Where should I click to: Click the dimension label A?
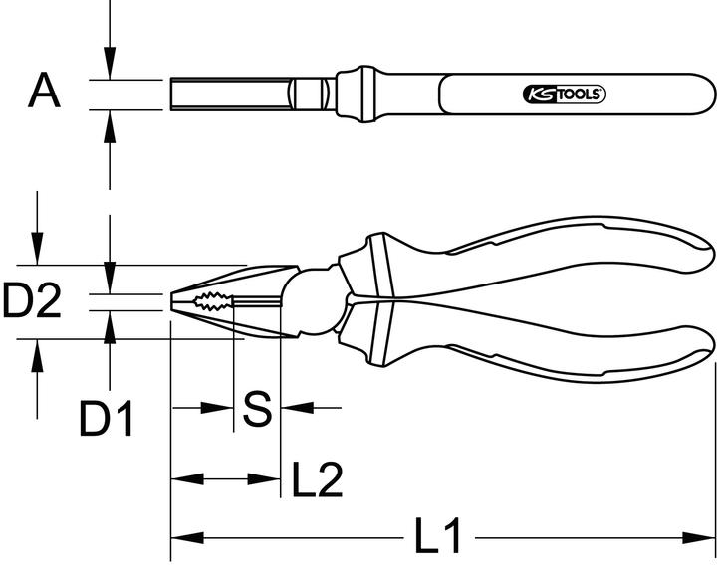click(43, 91)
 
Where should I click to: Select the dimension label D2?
click(33, 300)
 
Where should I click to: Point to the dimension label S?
click(257, 408)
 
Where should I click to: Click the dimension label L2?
click(318, 480)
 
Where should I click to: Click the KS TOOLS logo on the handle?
click(563, 95)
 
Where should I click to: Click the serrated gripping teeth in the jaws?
click(211, 302)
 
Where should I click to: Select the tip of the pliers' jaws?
click(175, 301)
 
